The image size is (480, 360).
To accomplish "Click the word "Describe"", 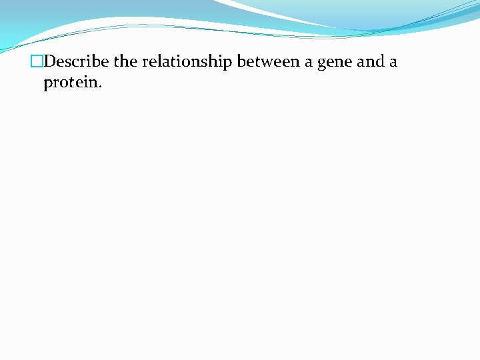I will pyautogui.click(x=75, y=62).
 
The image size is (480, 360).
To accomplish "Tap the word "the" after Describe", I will pyautogui.click(x=125, y=62).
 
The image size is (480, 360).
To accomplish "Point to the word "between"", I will pyautogui.click(x=269, y=62).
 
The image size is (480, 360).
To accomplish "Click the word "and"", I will pyautogui.click(x=371, y=62).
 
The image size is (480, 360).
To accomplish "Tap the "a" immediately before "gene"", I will pyautogui.click(x=309, y=63).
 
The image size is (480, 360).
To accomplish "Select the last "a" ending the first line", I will pyautogui.click(x=393, y=63).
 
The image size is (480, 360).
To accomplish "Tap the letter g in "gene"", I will pyautogui.click(x=322, y=65).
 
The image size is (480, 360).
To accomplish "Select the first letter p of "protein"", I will pyautogui.click(x=48, y=84).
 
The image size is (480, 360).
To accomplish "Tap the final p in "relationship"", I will pyautogui.click(x=229, y=64).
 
